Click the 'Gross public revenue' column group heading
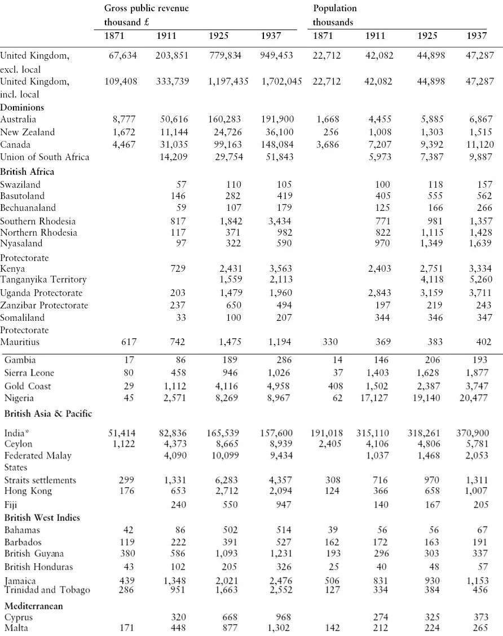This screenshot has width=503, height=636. (x=146, y=8)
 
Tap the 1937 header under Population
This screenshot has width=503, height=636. (x=477, y=36)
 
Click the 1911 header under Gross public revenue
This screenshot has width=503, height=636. (x=166, y=36)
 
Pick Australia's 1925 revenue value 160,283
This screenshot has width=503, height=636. (x=227, y=120)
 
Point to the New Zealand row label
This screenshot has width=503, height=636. (x=28, y=132)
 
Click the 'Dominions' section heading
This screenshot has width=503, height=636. (x=22, y=107)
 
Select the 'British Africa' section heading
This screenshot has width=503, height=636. (x=27, y=171)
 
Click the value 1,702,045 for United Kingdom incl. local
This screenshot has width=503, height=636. (x=281, y=82)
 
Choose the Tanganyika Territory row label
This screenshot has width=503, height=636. (x=43, y=280)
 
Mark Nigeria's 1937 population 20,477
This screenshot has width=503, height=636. (x=474, y=398)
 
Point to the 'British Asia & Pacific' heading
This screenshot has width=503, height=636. (x=48, y=414)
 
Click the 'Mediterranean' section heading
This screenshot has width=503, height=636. (x=33, y=606)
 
